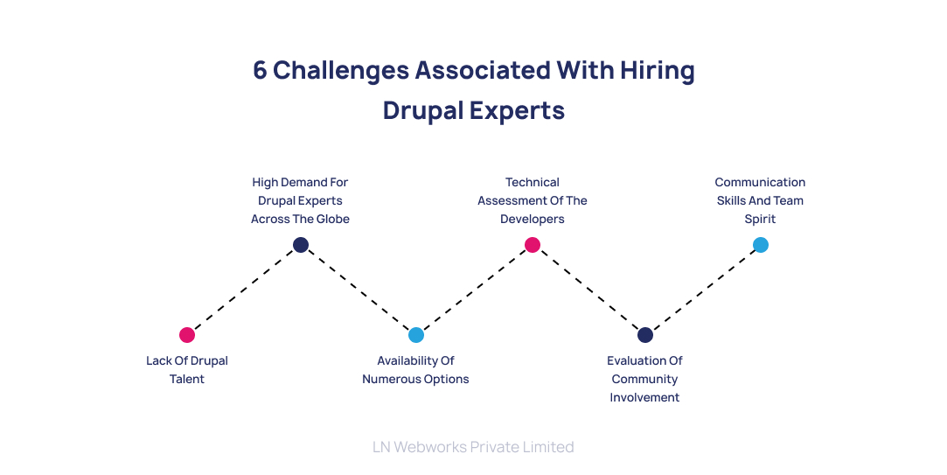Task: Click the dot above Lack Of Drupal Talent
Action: coord(187,335)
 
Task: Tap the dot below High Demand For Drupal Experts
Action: coord(301,245)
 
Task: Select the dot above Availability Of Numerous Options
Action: coord(416,335)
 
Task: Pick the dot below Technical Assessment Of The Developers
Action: coord(533,245)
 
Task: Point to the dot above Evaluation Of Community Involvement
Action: coord(645,335)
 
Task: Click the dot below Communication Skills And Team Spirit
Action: coord(761,245)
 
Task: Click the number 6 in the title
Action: coord(260,71)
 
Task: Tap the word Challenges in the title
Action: coord(339,71)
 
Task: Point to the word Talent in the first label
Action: coord(187,380)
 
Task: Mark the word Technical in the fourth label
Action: coord(533,183)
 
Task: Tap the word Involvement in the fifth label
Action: coord(645,398)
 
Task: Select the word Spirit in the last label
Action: coord(761,220)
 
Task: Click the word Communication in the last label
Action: coord(761,183)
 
